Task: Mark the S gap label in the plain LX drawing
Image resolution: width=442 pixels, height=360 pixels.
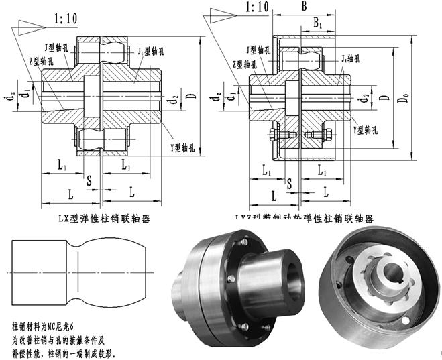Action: pos(90,179)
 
